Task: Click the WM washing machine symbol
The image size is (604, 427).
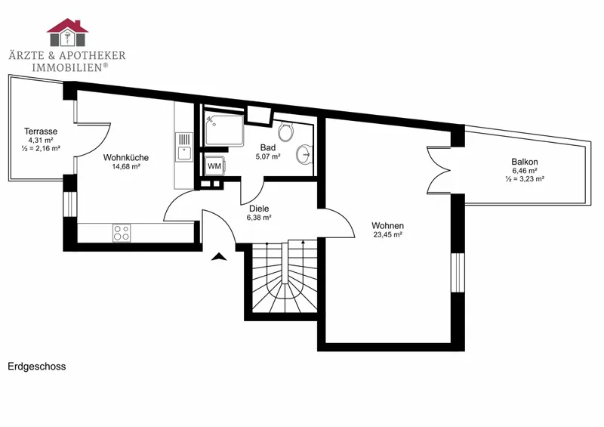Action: [x=214, y=166]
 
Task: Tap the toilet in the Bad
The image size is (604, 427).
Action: [x=286, y=132]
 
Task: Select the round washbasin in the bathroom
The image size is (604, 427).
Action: [x=304, y=155]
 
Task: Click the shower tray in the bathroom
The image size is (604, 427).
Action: [x=224, y=130]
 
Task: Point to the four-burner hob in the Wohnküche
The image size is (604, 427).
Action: [x=122, y=233]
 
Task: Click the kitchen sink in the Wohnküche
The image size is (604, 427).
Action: [x=184, y=147]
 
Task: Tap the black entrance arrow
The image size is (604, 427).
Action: [x=219, y=256]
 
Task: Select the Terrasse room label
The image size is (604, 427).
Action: [x=41, y=132]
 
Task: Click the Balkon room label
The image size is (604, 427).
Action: [x=525, y=162]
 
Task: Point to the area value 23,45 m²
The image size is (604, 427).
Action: [x=388, y=234]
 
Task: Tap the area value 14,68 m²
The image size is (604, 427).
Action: [x=126, y=166]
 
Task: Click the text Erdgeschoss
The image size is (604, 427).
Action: [x=37, y=366]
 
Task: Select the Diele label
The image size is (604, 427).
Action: [x=259, y=209]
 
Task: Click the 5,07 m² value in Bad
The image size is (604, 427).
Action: [x=268, y=156]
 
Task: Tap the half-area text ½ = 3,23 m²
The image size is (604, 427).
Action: [x=525, y=179]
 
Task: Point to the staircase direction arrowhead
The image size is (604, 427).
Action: [x=304, y=243]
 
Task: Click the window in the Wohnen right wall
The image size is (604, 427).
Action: [x=458, y=273]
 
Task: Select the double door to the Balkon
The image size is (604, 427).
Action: [x=439, y=170]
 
